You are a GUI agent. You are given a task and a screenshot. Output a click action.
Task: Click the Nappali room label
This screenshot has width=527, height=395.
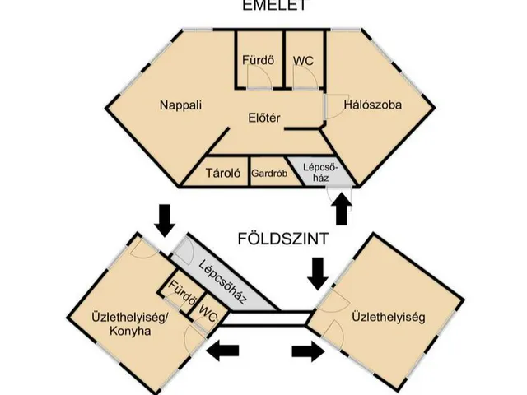[x=180, y=105]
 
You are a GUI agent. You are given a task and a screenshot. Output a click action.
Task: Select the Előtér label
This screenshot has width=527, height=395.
[x=264, y=119]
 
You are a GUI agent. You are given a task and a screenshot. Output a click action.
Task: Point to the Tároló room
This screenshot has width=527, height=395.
[x=222, y=174]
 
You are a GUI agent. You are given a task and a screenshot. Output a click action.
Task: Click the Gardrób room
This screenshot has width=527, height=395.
[x=268, y=174]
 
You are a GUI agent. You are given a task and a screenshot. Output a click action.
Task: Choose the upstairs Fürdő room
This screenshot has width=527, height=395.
[x=259, y=60]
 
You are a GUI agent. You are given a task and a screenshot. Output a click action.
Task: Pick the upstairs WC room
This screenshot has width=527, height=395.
[x=305, y=60]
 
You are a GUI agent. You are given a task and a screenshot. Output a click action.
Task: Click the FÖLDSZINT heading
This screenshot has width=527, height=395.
[x=283, y=239]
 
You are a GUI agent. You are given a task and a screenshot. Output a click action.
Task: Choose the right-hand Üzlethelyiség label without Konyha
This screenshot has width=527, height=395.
[x=388, y=316]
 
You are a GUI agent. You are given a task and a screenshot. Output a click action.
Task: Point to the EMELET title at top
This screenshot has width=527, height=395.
[x=263, y=5]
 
